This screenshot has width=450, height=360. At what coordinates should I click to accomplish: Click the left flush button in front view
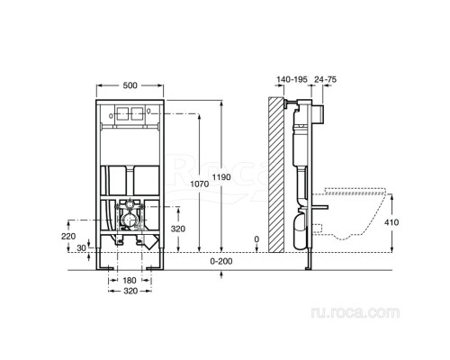[121, 116]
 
